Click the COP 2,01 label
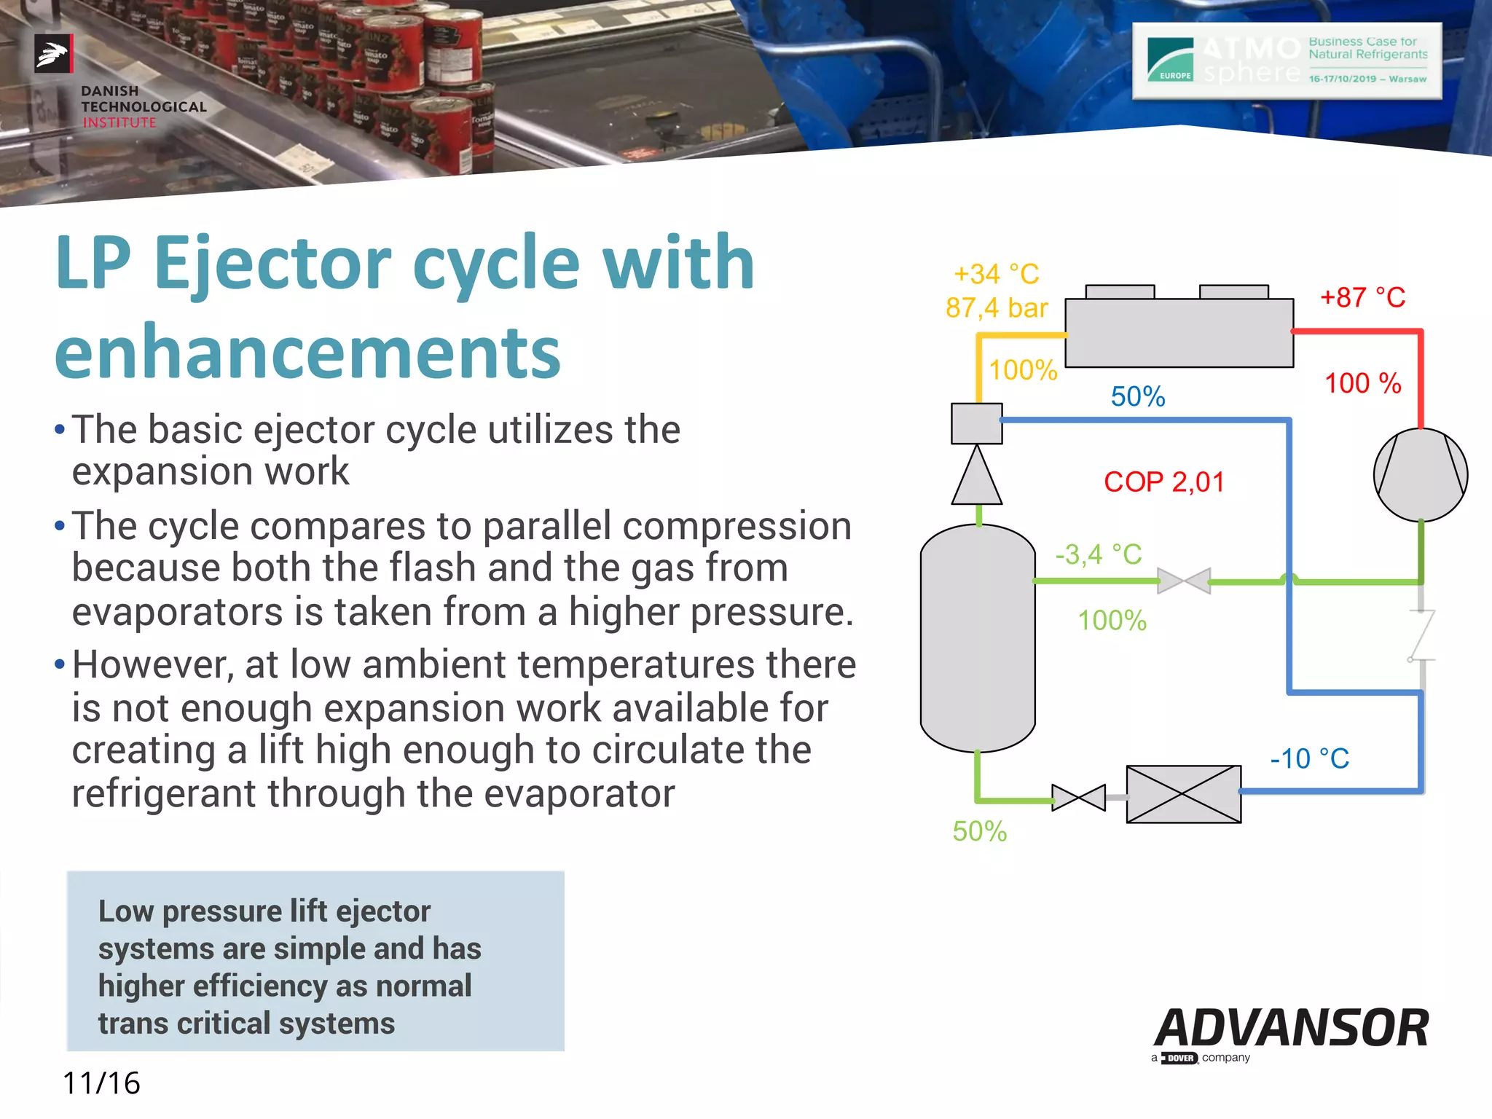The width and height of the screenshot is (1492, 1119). point(1163,482)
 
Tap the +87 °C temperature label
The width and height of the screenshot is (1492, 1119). point(1362,298)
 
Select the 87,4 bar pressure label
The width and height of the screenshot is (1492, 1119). point(997,308)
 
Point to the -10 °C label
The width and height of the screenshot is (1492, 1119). point(1309,759)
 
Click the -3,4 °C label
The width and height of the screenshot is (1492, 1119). point(1099,555)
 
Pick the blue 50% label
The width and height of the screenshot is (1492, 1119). point(1137,397)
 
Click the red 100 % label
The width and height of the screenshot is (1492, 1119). point(1362,384)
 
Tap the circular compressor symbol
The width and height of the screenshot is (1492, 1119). point(1420,475)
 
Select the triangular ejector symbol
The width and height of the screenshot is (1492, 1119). point(977,477)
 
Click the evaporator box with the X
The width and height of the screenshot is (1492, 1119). point(1183,794)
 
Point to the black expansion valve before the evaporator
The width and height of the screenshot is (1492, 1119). point(1078,798)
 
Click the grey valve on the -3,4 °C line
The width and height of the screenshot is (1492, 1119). point(1184,581)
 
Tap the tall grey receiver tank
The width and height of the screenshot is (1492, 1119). point(978,638)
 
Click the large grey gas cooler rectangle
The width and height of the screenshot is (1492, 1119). point(1179,333)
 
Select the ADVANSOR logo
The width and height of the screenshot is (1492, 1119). point(1291,1029)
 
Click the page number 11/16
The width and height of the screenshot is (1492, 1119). point(101,1083)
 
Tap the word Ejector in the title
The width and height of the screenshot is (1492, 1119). point(272,264)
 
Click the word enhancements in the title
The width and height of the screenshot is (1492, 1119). point(307,353)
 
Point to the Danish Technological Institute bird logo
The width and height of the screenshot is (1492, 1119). point(53,53)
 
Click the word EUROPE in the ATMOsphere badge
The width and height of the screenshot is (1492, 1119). point(1174,76)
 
